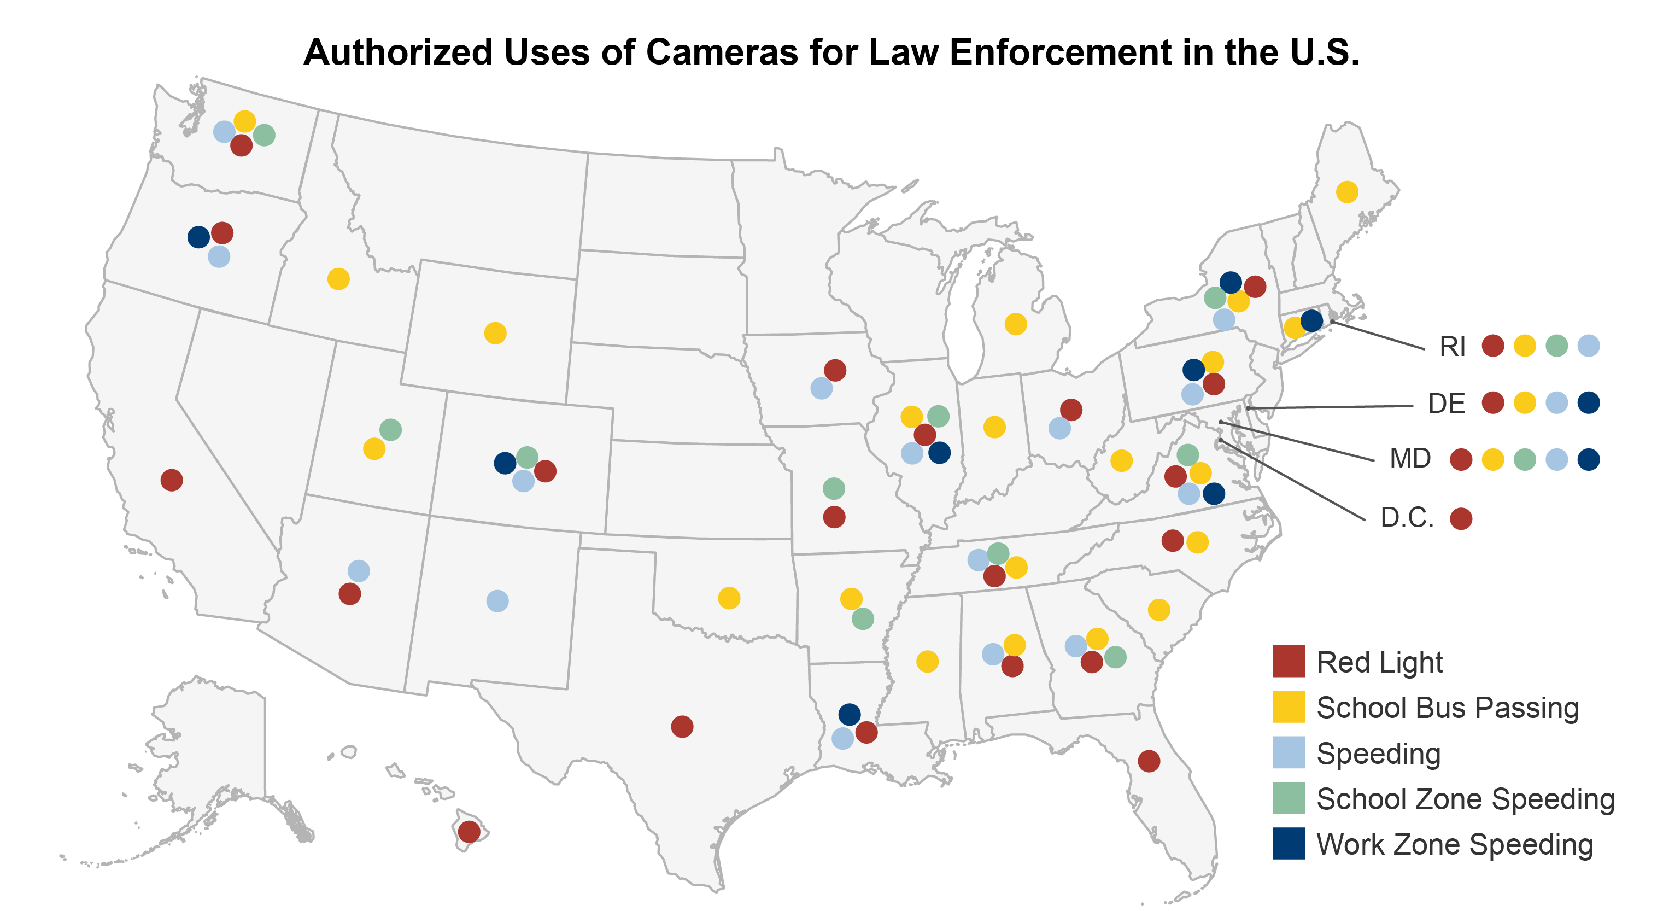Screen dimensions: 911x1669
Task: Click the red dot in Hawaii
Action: tap(469, 831)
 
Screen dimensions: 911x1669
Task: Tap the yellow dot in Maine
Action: tap(1347, 192)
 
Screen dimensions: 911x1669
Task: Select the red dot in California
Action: tap(172, 480)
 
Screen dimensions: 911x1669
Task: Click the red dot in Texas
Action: tap(682, 726)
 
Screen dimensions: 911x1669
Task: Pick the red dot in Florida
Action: tap(1149, 761)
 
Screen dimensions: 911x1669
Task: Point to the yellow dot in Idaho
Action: tap(338, 279)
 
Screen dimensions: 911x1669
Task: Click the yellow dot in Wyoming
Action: tap(495, 333)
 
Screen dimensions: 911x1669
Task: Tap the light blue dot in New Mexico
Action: tap(497, 600)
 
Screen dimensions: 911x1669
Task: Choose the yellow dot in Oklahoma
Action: tap(729, 597)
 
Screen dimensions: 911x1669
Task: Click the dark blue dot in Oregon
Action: tap(198, 236)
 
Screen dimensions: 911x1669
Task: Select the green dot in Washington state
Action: tap(263, 135)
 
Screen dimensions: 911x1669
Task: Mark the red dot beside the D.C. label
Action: tap(1461, 518)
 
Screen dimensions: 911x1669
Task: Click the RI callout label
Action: tap(1452, 347)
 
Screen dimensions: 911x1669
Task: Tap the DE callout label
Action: tap(1447, 404)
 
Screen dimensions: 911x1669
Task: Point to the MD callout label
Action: tap(1410, 459)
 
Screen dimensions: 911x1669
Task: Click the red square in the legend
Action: tap(1289, 661)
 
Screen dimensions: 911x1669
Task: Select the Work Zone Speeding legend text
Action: tap(1455, 844)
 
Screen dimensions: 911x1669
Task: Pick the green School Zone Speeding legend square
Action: tap(1289, 798)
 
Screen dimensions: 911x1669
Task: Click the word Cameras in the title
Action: tap(722, 52)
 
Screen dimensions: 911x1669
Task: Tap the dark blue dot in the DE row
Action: tap(1589, 402)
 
